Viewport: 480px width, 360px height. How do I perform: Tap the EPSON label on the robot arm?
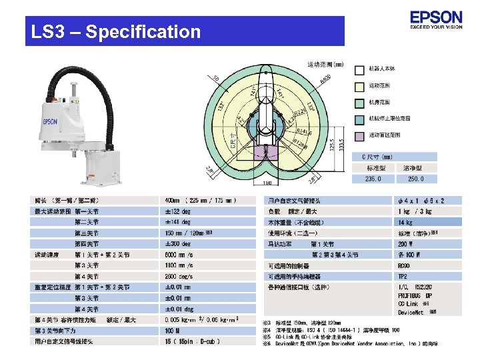50,122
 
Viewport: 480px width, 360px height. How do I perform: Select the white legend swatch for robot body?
359,69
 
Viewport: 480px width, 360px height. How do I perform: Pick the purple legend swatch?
359,135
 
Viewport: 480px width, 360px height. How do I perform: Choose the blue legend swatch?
359,118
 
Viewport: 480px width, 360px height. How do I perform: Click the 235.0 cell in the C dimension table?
372,179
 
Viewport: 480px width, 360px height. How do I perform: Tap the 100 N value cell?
173,331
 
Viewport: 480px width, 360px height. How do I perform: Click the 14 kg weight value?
405,222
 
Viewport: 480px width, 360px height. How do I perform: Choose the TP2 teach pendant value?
403,276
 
